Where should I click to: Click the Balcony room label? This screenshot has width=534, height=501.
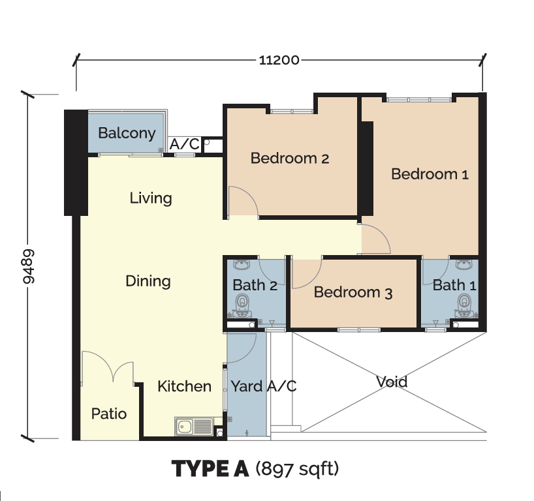127,133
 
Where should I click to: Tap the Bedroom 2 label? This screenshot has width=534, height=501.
290,159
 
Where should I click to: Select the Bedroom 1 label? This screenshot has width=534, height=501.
430,174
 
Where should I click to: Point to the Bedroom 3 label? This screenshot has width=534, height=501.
353,292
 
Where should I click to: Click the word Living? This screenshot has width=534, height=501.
151,198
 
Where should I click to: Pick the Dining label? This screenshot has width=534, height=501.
148,281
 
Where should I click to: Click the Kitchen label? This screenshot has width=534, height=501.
184,386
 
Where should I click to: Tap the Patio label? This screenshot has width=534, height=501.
109,414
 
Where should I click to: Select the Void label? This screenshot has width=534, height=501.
392,382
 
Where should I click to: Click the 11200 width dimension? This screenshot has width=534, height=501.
279,60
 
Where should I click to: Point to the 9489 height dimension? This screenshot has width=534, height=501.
29,267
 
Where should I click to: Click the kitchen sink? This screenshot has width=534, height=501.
194,426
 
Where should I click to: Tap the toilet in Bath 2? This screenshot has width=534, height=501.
242,305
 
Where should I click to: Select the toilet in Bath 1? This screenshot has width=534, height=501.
464,305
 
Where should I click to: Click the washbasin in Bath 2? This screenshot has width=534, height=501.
242,264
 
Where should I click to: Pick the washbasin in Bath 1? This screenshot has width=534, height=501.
464,264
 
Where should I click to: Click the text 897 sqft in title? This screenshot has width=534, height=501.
297,469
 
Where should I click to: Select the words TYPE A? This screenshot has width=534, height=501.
210,468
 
